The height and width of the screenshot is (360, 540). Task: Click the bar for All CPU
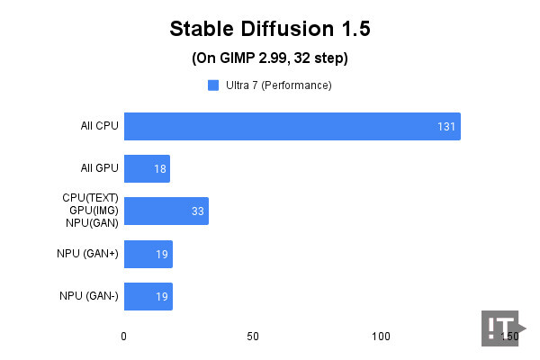[x=292, y=126]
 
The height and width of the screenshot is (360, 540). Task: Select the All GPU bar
[x=147, y=169]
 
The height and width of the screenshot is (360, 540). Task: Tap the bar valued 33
[x=166, y=211]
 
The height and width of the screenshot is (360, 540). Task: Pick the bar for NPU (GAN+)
[x=148, y=254]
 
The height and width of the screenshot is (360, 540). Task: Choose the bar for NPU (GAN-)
[x=148, y=296]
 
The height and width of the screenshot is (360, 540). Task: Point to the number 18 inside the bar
[x=160, y=169]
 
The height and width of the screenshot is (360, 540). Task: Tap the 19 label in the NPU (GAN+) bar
[x=162, y=255]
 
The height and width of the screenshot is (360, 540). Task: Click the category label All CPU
[x=99, y=126]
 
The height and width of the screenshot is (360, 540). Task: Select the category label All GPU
[x=99, y=169]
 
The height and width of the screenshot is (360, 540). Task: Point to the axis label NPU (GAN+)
[x=89, y=255]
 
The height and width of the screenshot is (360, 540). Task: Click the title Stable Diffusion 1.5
[x=270, y=29]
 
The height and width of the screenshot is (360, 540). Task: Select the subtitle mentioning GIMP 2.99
[x=270, y=58]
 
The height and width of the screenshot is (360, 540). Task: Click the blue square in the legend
[x=213, y=85]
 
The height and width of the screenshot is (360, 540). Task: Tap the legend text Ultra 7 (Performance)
[x=278, y=85]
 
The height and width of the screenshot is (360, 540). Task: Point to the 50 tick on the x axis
[x=253, y=336]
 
